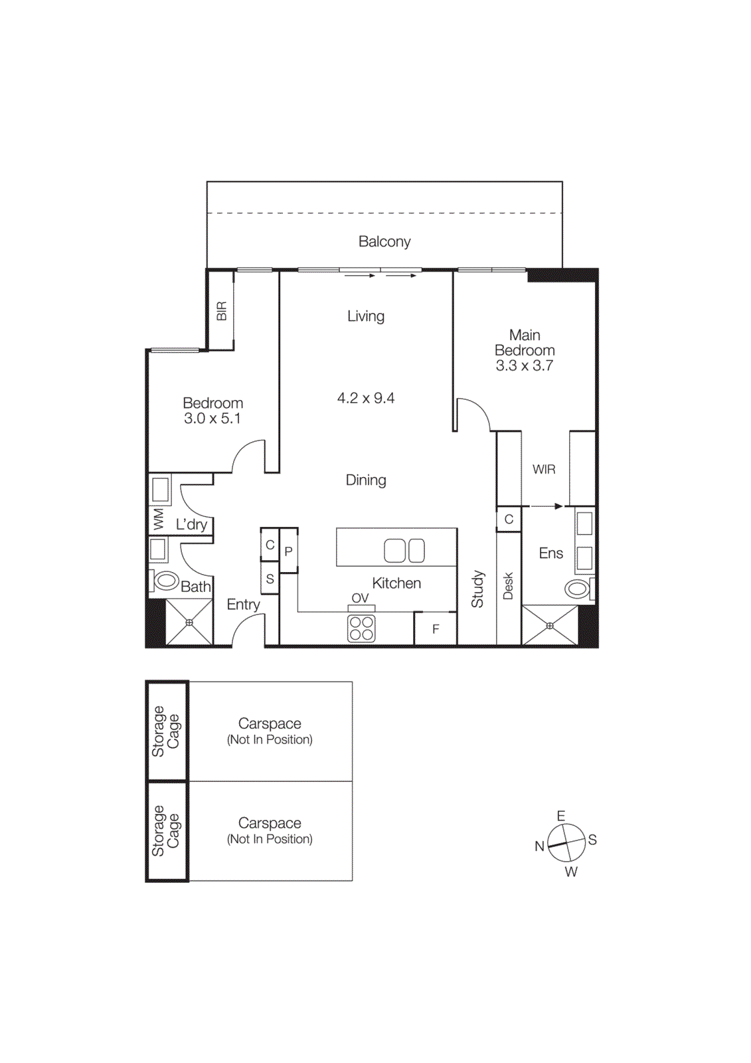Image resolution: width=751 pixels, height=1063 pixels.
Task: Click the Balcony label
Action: [384, 242]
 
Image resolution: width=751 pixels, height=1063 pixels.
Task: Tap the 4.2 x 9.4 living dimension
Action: [366, 398]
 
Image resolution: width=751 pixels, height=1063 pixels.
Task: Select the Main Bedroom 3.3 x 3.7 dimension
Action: [525, 365]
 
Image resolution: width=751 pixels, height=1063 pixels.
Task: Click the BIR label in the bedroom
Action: [222, 311]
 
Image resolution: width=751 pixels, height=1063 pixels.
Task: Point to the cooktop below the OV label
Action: [361, 628]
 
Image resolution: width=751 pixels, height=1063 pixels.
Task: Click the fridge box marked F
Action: [436, 628]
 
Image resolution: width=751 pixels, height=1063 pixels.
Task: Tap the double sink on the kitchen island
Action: [404, 550]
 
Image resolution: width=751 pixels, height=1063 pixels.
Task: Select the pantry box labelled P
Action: [288, 551]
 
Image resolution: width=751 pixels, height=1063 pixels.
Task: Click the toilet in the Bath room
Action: [166, 580]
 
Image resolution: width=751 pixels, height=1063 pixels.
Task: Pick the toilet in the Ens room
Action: [578, 588]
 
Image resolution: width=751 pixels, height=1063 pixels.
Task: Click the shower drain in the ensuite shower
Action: [550, 626]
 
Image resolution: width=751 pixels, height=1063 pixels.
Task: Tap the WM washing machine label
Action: [158, 519]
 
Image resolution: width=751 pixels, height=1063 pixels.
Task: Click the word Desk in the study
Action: [509, 586]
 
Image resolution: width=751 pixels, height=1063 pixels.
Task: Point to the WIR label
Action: [544, 470]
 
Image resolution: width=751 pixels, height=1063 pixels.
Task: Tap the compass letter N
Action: [539, 846]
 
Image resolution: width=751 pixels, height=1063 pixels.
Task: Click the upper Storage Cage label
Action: [165, 731]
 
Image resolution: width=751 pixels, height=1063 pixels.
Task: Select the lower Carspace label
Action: [270, 823]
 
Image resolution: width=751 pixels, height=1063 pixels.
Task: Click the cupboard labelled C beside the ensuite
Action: [509, 519]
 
